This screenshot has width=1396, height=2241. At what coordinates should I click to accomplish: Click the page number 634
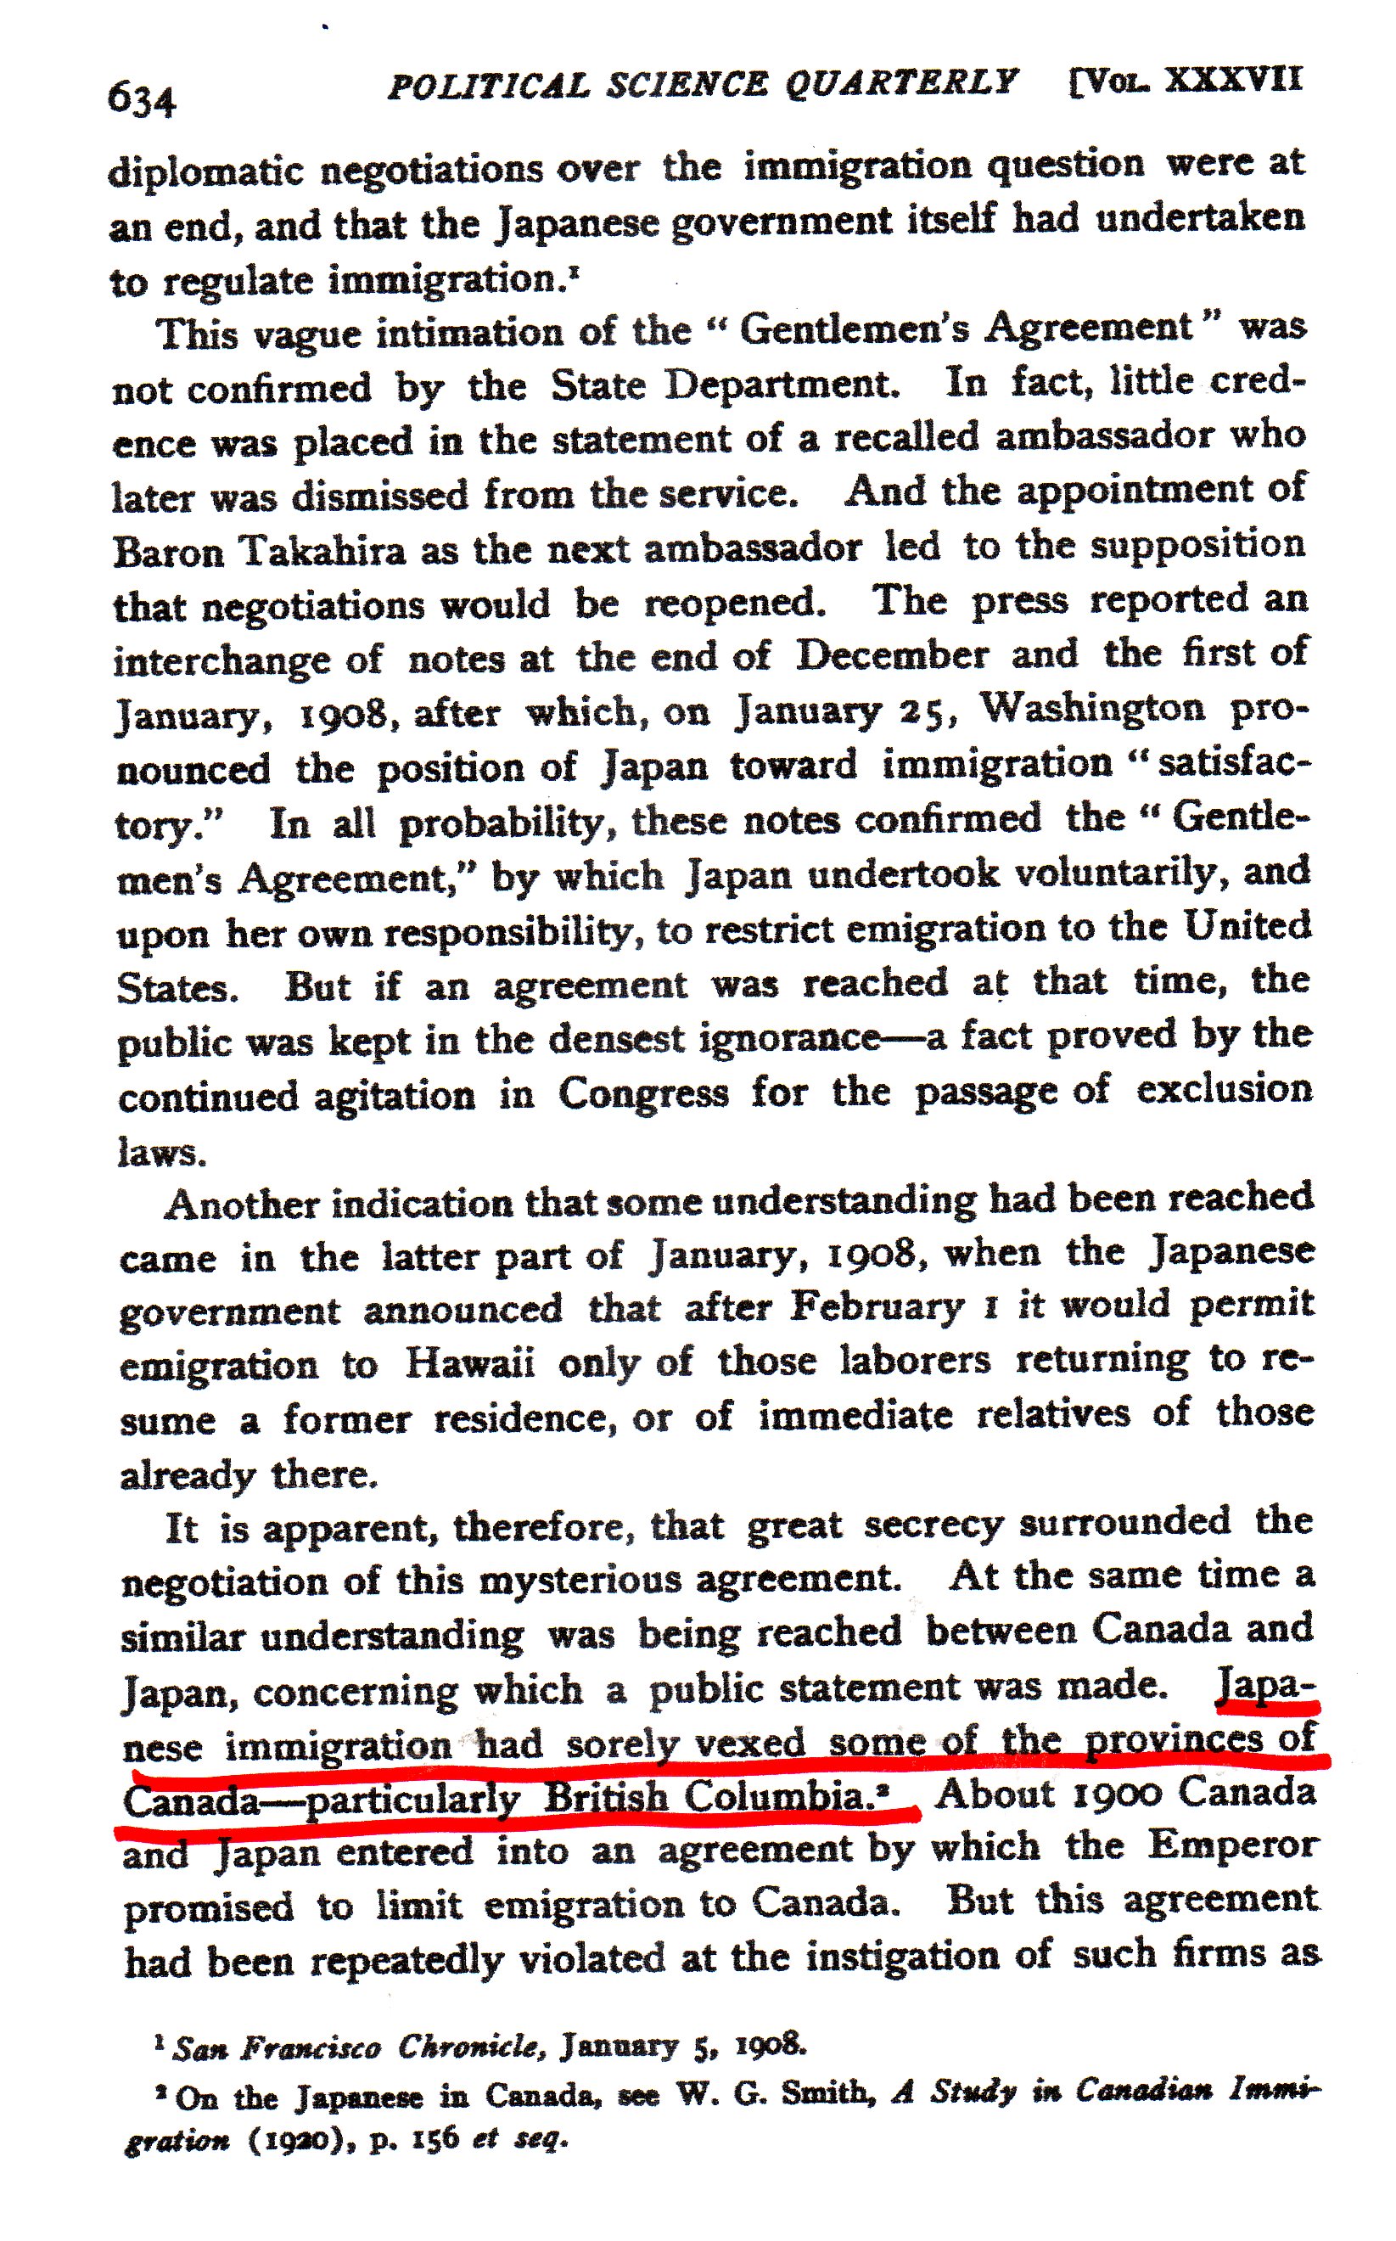coord(141,98)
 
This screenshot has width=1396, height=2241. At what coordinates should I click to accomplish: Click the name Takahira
coord(322,551)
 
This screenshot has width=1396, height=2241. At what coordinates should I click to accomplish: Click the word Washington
coord(1092,709)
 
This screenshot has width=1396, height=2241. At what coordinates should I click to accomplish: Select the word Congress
coord(642,1095)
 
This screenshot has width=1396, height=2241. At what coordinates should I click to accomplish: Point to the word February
coord(877,1307)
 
